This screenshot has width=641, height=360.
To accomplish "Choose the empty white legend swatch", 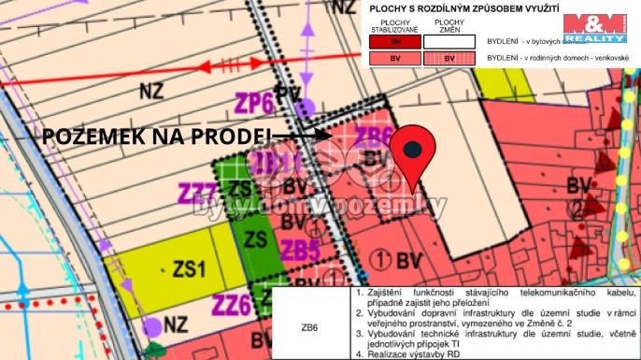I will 449,41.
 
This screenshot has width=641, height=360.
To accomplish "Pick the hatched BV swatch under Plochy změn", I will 449,58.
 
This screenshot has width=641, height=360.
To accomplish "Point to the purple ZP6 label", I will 254,101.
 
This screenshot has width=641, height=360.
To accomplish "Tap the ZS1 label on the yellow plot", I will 187,269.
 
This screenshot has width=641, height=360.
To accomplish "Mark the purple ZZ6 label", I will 231,305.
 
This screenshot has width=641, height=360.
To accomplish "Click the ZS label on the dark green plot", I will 255,238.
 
